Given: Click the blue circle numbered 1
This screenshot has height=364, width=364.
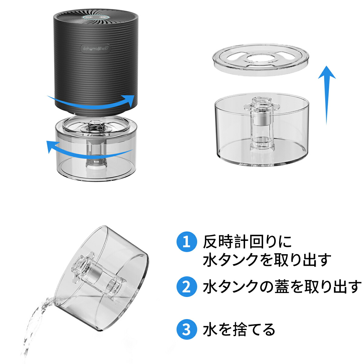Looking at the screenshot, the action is coord(187,242).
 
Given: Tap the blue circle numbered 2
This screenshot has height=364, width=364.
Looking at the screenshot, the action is coord(187,287).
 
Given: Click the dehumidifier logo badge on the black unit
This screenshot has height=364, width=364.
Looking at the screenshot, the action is coord(96,48).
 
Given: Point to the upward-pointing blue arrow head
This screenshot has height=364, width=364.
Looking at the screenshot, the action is coord(327,72).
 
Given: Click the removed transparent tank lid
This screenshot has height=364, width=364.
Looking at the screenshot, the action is coord(261,59).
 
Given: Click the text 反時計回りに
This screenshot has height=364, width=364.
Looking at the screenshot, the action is coord(247,241).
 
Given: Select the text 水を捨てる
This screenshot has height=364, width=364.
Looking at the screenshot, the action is coord(239,329).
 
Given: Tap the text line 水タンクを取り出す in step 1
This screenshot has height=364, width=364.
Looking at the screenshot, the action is coord(267,260).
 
